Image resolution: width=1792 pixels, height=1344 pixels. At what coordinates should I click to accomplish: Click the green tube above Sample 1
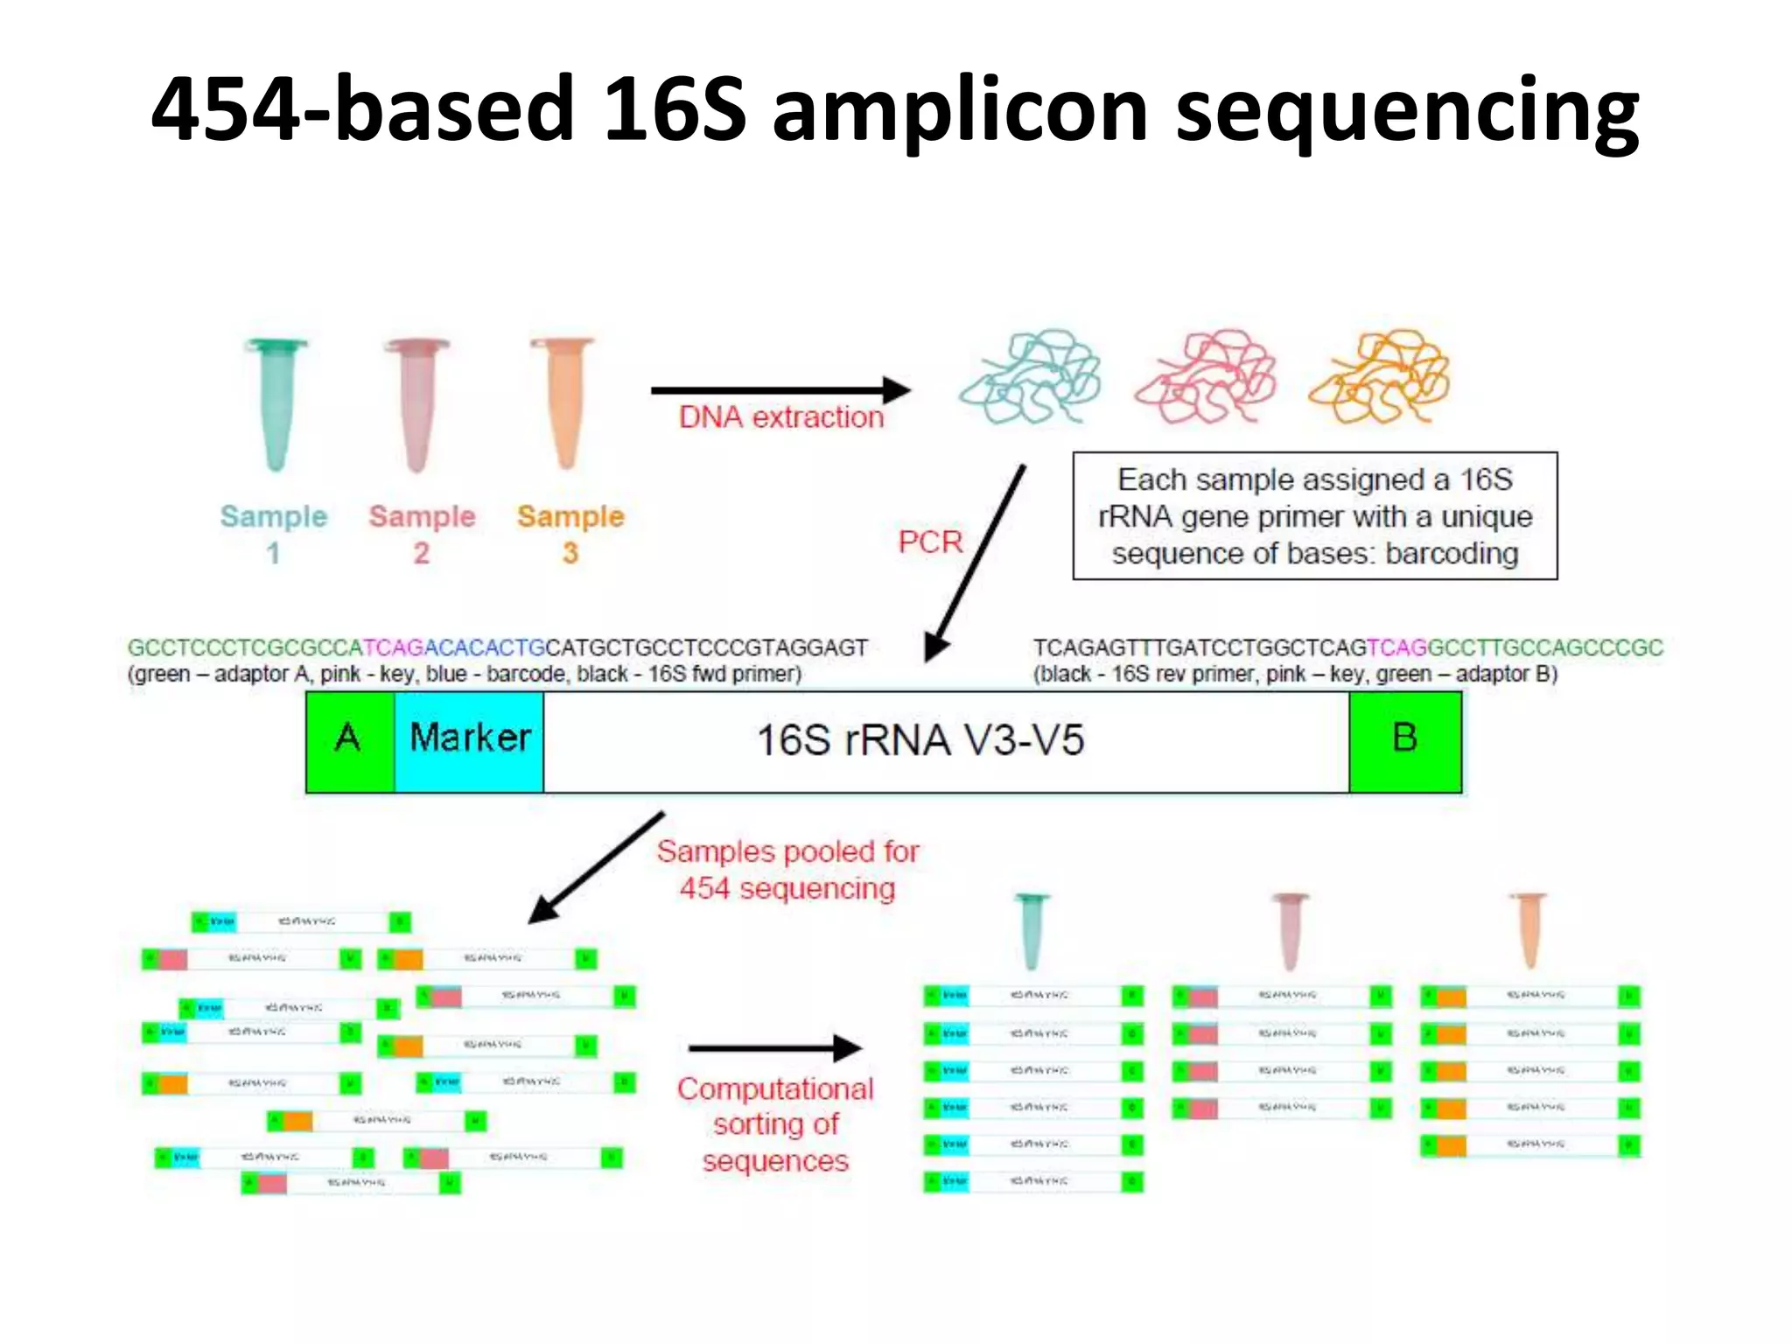276,402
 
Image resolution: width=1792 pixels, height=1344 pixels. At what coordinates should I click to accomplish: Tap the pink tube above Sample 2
417,402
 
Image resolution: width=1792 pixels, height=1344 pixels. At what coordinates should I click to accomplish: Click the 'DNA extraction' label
781,417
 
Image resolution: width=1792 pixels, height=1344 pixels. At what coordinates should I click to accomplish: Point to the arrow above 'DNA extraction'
779,389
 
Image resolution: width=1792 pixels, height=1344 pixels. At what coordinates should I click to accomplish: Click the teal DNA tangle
1030,376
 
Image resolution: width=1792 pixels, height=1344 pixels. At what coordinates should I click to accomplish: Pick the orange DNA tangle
1380,376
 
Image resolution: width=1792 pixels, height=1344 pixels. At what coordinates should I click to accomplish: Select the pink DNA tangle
1206,376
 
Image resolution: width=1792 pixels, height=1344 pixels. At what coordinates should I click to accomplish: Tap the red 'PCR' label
929,542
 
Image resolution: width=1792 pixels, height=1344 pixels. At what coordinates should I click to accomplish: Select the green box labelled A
349,741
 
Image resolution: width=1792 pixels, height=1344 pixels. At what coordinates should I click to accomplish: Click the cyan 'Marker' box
469,741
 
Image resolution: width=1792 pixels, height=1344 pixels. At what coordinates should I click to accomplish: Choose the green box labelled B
1404,741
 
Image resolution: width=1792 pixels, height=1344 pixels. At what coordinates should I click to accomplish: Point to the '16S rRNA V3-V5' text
920,741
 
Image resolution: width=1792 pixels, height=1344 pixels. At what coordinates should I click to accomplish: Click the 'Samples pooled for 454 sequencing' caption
787,870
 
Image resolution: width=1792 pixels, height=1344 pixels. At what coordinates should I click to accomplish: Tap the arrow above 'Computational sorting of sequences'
774,1047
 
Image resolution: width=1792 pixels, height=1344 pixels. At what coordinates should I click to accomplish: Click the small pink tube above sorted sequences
1290,930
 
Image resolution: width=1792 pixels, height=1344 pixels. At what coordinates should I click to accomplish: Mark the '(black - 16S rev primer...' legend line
1295,675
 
